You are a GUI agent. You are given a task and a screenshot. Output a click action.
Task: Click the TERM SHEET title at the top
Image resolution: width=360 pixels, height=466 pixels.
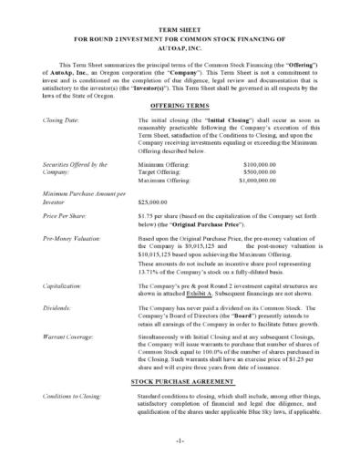point(180,30)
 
